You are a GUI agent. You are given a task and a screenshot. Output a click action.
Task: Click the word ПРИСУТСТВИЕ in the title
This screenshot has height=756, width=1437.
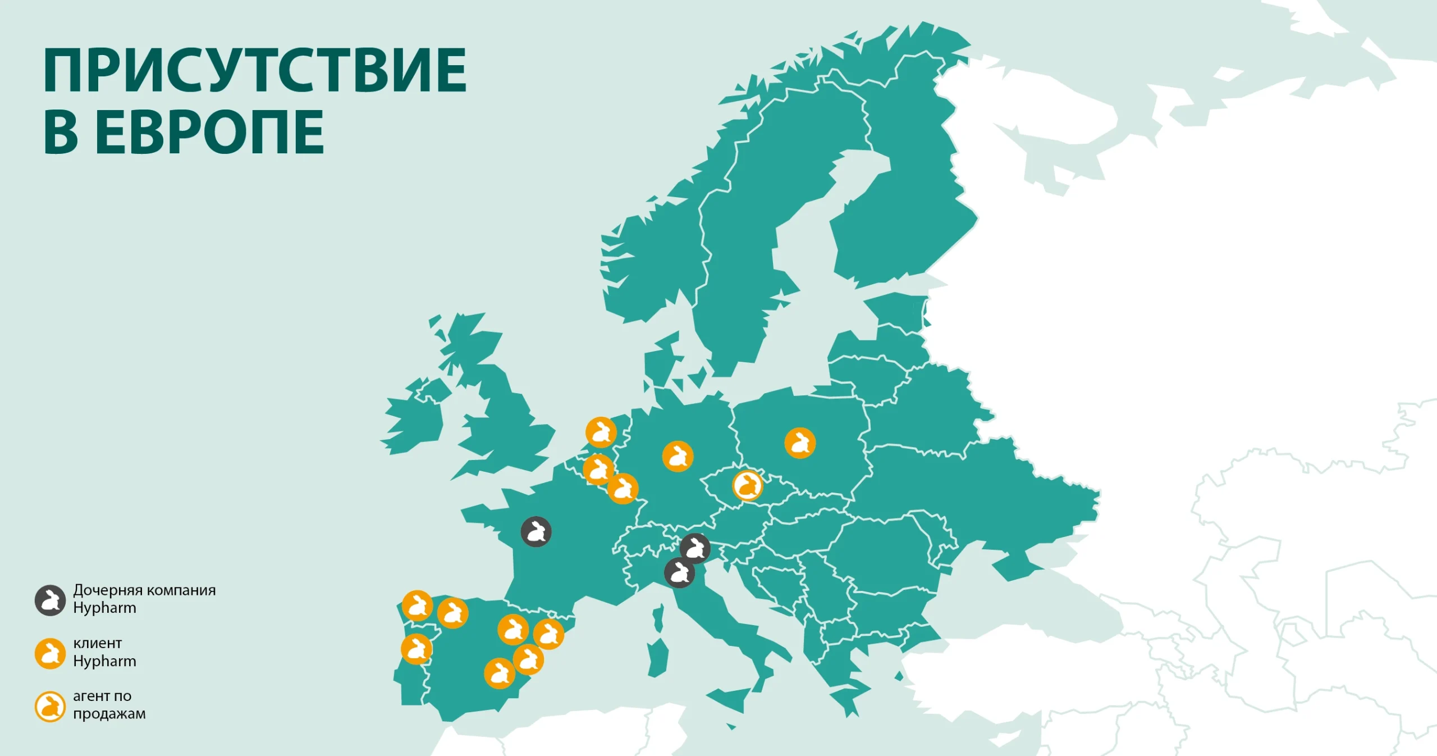255,70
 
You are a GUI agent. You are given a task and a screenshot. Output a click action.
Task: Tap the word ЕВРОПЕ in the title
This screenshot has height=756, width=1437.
209,132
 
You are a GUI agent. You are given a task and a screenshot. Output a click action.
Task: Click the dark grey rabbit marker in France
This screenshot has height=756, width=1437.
536,531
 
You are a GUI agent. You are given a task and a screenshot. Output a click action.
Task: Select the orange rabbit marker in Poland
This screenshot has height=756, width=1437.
800,443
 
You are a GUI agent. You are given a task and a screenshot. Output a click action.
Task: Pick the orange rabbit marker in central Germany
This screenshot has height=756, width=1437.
678,456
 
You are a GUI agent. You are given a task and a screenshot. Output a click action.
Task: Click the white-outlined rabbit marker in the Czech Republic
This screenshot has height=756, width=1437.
748,485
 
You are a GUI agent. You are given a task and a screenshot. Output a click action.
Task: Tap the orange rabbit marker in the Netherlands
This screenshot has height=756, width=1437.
601,432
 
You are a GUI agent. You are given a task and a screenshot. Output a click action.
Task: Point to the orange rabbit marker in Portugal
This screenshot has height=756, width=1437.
417,649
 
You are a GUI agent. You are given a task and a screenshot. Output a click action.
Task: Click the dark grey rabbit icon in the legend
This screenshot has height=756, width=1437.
51,600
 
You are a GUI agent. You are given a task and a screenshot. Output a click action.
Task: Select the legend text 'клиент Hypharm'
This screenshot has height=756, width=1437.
104,652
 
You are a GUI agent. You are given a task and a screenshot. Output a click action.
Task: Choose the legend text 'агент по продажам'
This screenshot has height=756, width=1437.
109,705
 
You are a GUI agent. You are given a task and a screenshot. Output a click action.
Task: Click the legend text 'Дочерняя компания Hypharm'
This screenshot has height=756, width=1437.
144,599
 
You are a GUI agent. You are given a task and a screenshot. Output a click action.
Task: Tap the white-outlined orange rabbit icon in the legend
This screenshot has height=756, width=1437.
51,707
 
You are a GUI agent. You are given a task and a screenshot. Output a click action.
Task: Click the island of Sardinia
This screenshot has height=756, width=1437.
658,656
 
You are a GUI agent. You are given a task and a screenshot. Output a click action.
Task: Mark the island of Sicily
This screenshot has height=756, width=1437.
729,700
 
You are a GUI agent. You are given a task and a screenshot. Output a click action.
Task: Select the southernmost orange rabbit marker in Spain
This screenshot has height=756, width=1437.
499,673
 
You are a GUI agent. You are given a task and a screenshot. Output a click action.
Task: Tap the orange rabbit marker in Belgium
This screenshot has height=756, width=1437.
598,469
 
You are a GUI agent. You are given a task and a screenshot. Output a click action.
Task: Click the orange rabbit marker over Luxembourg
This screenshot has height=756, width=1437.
623,489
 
